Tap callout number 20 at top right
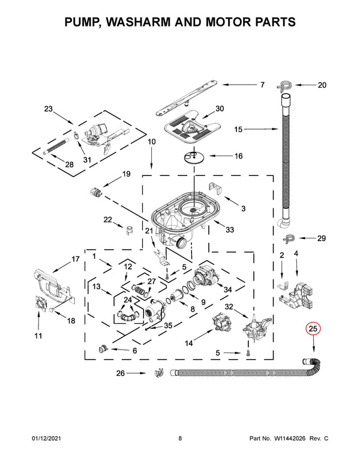(x=322, y=85)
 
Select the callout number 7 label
(x=262, y=85)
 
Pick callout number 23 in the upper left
(x=49, y=109)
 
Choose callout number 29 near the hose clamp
(x=321, y=238)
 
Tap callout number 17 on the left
(x=76, y=259)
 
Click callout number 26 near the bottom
(x=121, y=373)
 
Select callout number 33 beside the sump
(x=230, y=229)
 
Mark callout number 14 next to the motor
(x=189, y=343)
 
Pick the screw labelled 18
(x=52, y=310)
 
